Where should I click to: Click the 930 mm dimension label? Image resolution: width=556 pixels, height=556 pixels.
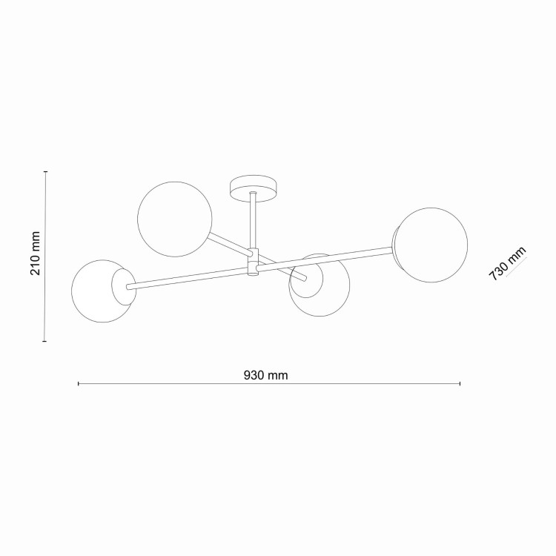click(265, 375)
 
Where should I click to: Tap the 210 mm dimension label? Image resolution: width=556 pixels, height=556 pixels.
click(36, 254)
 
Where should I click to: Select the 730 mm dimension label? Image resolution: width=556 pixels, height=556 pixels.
click(507, 263)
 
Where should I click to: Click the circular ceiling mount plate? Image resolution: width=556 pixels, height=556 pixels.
click(254, 188)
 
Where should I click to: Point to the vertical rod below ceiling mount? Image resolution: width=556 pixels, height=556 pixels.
click(253, 220)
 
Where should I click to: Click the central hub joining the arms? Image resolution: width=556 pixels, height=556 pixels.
click(253, 262)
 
